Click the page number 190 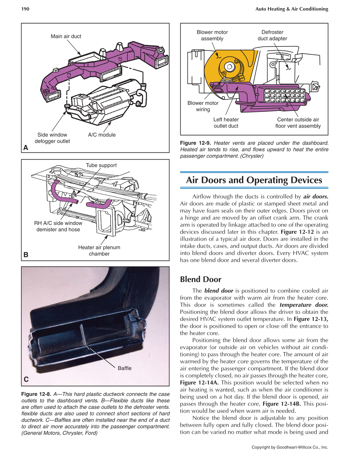click(x=25, y=9)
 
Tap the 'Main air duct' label click(x=66, y=36)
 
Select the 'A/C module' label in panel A click(x=102, y=135)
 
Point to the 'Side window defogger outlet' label click(x=52, y=138)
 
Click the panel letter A click(x=26, y=147)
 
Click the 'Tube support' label click(x=101, y=165)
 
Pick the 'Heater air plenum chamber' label click(x=99, y=250)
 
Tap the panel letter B click(x=26, y=255)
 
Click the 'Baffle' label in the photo click(x=125, y=368)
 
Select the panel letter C click(x=26, y=379)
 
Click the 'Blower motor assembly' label click(x=212, y=35)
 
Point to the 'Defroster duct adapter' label click(x=272, y=35)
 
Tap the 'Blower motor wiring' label click(x=203, y=106)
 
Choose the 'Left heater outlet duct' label click(x=226, y=122)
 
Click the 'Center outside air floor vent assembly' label click(x=298, y=122)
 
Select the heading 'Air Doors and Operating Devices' click(x=254, y=180)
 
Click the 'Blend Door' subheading click(x=201, y=279)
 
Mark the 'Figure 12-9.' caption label click(x=195, y=143)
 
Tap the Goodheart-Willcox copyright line click(x=290, y=447)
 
